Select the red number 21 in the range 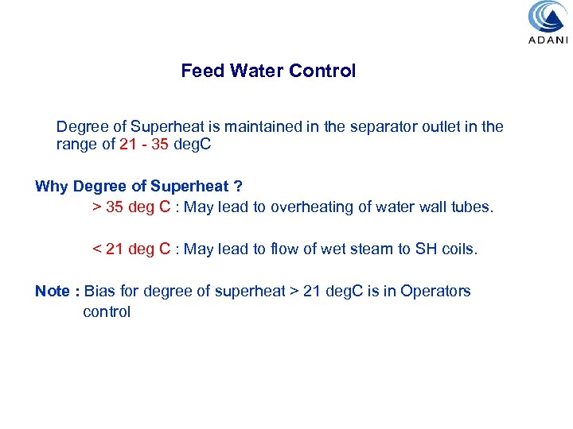(104, 145)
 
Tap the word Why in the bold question (52, 187)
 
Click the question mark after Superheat (237, 187)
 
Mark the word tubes (473, 207)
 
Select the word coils (460, 249)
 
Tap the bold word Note (53, 292)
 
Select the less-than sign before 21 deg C (97, 249)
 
